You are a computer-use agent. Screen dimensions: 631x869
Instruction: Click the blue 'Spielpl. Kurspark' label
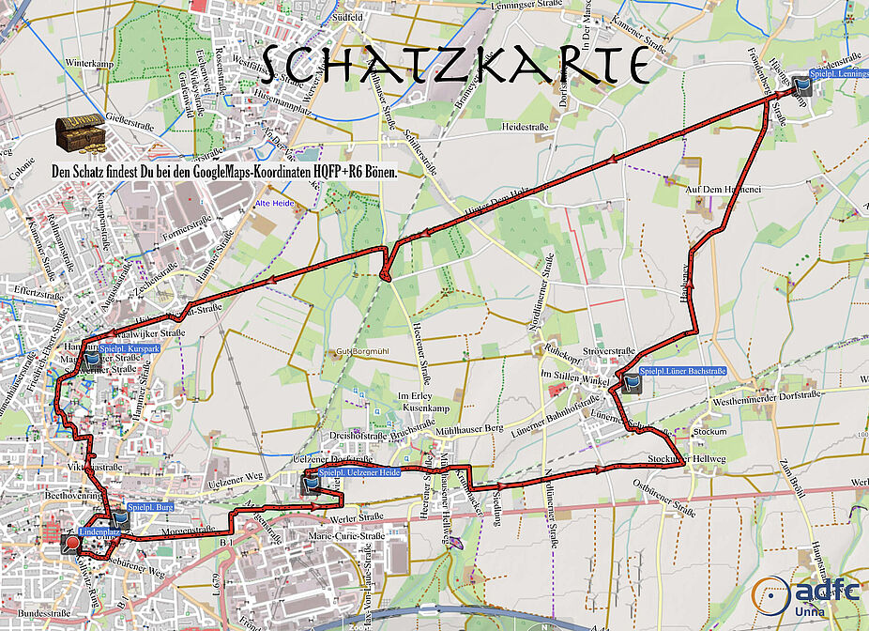(129, 348)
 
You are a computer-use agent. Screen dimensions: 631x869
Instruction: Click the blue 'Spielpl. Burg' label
(150, 506)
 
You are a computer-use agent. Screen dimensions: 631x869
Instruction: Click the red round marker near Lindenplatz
(71, 542)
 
